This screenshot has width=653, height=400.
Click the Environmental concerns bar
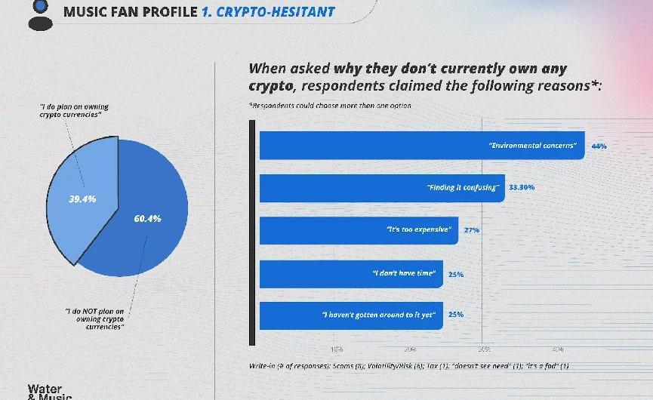[x=421, y=146]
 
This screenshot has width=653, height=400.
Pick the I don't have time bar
[x=350, y=273]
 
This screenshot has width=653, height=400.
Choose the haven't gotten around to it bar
[x=350, y=315]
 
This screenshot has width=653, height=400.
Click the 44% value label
[x=599, y=146]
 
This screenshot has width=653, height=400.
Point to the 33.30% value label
[x=522, y=187]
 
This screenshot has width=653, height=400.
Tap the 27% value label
[x=472, y=229]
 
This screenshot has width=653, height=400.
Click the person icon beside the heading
[x=37, y=14]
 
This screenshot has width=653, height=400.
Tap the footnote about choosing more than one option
[x=330, y=106]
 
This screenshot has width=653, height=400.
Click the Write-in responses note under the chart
[x=408, y=366]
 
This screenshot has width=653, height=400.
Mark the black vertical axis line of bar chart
[x=253, y=230]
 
